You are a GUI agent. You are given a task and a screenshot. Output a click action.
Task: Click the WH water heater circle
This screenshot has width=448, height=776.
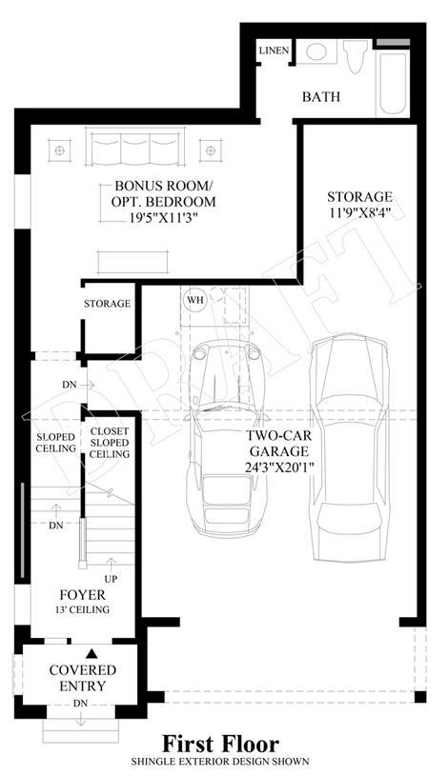195,300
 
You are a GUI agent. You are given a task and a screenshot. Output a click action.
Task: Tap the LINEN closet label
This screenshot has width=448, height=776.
275,50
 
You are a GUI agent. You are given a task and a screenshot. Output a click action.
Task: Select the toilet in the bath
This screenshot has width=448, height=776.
356,56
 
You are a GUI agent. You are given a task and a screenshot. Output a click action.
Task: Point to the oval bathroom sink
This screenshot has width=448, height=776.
316,51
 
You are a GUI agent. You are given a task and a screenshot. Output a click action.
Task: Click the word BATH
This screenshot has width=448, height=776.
321,96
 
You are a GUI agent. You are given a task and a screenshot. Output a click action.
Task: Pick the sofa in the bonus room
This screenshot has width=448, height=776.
134,147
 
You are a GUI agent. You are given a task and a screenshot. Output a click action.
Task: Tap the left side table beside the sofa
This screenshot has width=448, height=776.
59,150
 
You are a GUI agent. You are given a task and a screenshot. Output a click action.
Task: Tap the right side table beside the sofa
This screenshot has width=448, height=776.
211,150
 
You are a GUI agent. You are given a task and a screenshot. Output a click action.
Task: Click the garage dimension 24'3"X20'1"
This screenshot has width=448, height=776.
280,468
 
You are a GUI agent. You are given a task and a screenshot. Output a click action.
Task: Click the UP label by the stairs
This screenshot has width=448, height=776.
111,579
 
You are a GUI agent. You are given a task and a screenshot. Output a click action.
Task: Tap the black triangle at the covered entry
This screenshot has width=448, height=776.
92,654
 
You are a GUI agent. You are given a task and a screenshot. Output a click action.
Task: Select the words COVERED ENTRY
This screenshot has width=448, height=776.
83,678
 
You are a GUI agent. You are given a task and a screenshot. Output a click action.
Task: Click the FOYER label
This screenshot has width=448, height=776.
82,595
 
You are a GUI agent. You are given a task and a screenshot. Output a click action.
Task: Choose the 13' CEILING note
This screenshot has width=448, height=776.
82,609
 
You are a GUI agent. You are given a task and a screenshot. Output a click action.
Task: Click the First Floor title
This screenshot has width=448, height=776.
221,744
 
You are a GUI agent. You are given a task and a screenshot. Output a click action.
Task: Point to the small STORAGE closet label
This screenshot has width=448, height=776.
107,304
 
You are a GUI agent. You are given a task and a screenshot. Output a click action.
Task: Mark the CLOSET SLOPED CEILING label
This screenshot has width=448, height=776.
110,443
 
